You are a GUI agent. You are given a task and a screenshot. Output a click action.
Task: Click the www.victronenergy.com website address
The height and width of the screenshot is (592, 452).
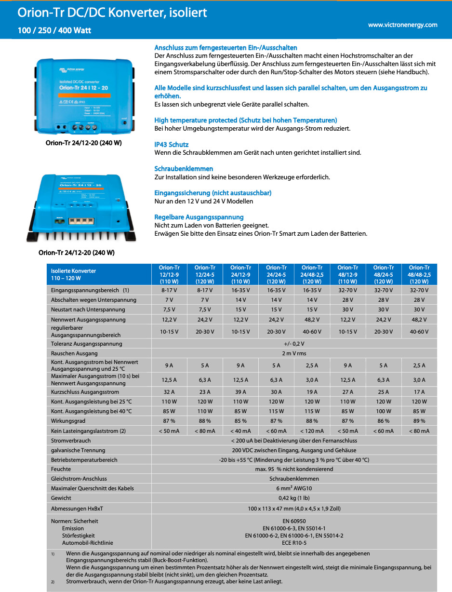point(402,25)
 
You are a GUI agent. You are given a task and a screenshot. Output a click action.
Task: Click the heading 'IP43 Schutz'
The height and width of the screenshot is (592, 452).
point(171,145)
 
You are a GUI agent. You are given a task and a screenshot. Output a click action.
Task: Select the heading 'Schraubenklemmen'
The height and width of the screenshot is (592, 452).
point(184,169)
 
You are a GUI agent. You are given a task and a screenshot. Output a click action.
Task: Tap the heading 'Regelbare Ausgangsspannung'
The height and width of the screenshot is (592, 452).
point(199,217)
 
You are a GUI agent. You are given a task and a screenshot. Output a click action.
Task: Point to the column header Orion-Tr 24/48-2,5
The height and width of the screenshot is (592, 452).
point(312,274)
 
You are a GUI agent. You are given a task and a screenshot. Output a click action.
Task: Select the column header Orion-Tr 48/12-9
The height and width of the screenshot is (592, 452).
point(347,274)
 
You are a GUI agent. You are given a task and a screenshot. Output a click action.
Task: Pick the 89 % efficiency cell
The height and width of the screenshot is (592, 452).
point(419,421)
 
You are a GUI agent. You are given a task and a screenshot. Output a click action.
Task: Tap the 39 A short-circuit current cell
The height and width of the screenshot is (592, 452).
point(240,392)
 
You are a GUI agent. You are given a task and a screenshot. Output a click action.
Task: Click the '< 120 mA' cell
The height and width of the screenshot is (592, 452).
point(312,431)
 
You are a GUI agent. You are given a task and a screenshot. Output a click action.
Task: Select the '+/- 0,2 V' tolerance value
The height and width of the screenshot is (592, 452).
point(294,344)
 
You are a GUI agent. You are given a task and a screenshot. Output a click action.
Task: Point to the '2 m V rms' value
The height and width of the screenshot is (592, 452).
point(294,353)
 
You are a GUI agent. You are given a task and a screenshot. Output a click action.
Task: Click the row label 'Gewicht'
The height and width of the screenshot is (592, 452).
point(61,498)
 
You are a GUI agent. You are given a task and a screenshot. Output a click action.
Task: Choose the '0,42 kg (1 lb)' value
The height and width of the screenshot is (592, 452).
point(294,498)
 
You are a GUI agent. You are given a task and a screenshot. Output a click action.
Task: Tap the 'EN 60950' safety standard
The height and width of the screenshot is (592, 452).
point(294,521)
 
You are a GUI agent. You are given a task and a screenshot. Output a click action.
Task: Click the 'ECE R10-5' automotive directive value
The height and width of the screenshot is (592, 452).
point(294,543)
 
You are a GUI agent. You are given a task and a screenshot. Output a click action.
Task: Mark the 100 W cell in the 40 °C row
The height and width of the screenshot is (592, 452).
point(383,411)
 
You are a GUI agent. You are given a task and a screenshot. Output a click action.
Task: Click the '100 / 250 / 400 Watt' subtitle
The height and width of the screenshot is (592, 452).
point(54,30)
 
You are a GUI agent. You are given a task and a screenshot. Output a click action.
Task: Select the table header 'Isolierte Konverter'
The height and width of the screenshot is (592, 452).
point(73,271)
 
